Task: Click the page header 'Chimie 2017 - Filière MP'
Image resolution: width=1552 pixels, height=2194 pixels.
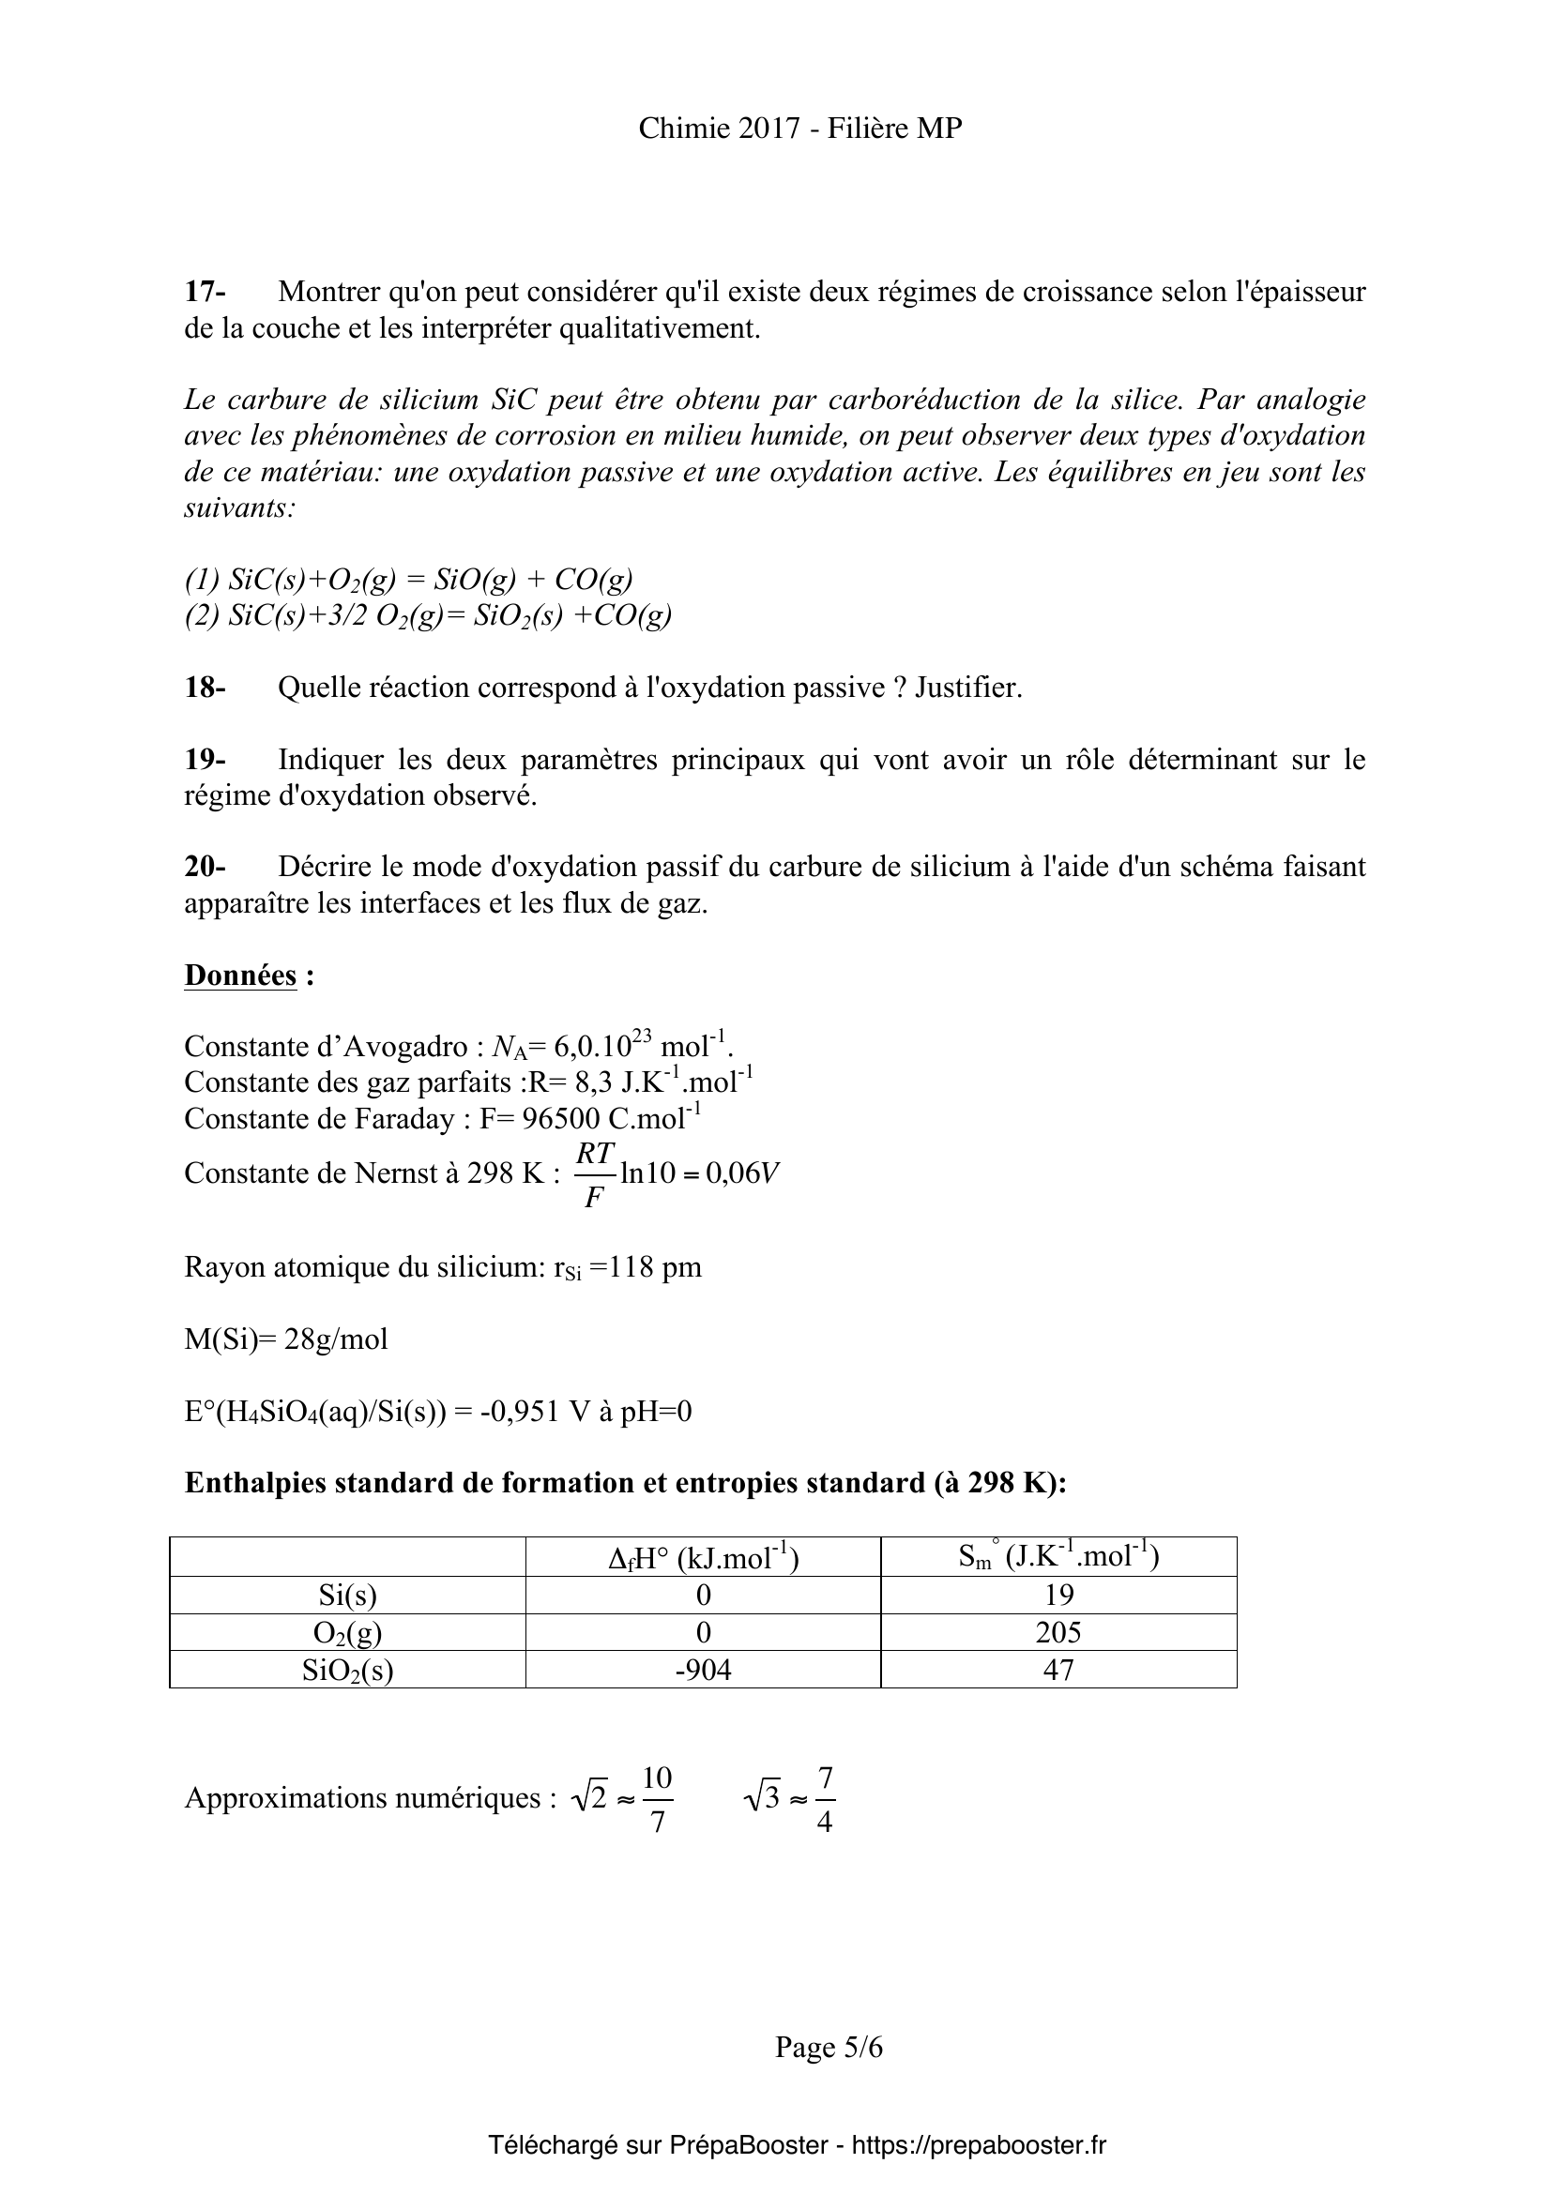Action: [799, 129]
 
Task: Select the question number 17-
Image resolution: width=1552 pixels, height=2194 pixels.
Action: [205, 292]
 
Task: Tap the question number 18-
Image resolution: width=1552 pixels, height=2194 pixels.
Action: [205, 687]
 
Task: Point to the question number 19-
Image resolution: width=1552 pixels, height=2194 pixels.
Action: [205, 760]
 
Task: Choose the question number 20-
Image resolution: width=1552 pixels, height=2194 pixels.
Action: [205, 867]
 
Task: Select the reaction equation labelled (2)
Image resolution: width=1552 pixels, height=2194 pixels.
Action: [427, 615]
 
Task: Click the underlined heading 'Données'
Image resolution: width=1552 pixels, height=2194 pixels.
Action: [240, 976]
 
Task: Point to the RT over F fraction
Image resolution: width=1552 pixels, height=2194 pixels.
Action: [594, 1174]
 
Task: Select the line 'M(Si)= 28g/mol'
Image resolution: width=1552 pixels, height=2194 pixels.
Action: [286, 1339]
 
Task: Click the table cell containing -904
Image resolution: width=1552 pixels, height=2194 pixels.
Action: [703, 1670]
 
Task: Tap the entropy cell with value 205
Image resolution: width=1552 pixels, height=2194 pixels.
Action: [1057, 1632]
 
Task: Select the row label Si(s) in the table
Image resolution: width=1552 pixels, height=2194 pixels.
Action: [347, 1595]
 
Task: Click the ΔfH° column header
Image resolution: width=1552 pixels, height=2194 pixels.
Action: [703, 1559]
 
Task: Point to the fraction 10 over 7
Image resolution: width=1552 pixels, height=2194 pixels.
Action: [658, 1799]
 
